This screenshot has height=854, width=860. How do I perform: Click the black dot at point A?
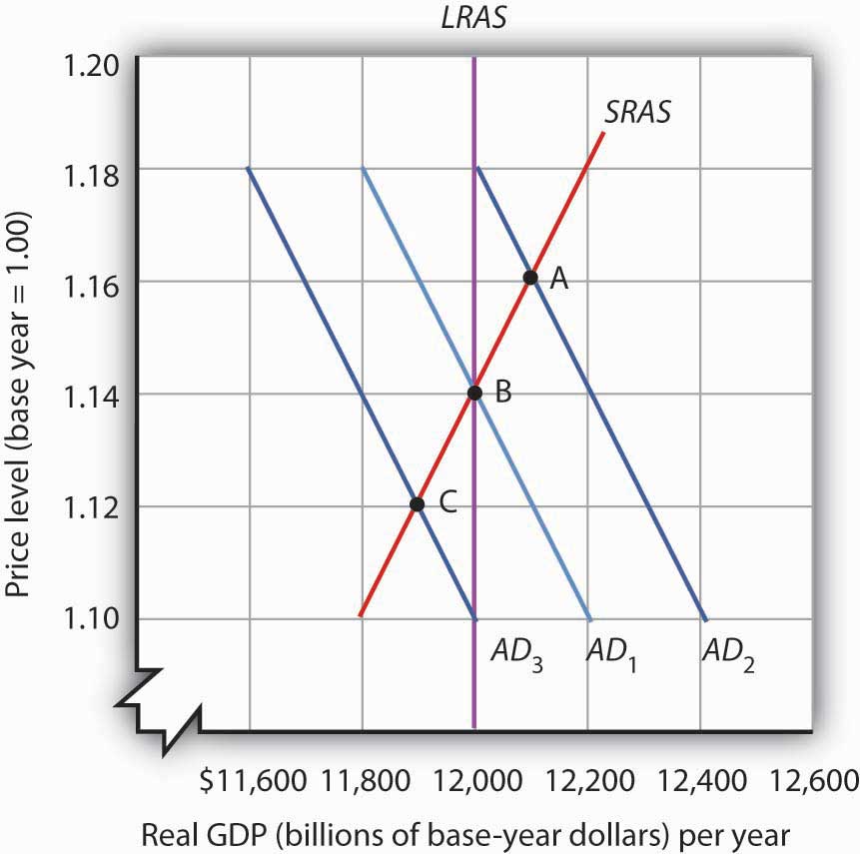530,277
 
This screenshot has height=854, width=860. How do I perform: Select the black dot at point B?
474,393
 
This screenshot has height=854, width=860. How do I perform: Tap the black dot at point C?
418,504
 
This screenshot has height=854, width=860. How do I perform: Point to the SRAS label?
637,112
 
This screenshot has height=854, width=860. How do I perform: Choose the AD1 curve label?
609,654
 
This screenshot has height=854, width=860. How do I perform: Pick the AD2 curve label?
726,654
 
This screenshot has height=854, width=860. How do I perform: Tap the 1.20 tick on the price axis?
93,66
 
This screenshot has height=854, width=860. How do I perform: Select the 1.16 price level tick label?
93,284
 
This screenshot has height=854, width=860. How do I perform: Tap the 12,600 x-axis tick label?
815,778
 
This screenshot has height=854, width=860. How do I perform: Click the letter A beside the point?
560,281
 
